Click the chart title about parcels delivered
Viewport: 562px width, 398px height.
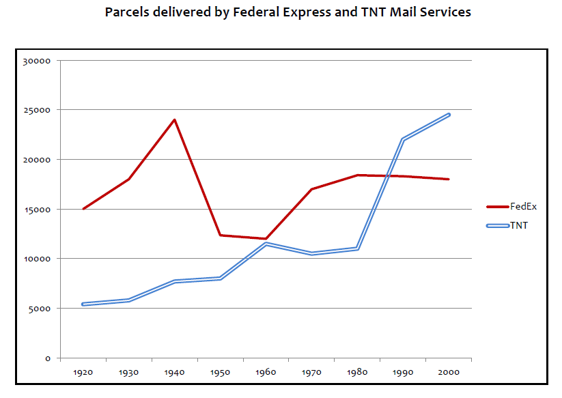coord(287,12)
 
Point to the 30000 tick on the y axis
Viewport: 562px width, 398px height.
coord(38,61)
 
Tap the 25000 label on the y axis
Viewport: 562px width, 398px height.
coord(38,110)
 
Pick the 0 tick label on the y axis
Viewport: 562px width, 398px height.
coord(48,358)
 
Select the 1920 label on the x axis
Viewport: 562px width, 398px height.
coord(83,373)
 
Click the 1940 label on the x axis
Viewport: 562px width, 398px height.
coord(174,373)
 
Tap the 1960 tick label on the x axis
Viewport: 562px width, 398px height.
coord(266,373)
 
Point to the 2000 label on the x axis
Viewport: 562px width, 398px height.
coord(449,373)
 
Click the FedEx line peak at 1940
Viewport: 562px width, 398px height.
coord(174,119)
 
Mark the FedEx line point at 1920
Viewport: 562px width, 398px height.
coord(83,209)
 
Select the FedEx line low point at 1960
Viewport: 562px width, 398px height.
coord(266,239)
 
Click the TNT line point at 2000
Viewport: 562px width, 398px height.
coord(449,115)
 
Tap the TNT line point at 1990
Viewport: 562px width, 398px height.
coord(403,139)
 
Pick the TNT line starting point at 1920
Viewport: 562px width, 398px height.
coord(83,304)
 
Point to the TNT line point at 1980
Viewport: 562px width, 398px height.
coord(357,248)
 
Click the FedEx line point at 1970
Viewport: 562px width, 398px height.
coord(311,189)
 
